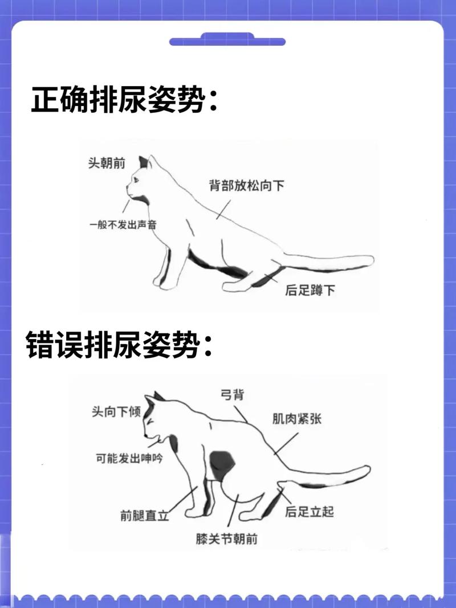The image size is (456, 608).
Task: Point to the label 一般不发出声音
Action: [123, 225]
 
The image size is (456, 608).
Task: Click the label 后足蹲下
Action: [310, 291]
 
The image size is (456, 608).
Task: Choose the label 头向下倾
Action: [116, 411]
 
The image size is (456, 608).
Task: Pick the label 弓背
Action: [232, 394]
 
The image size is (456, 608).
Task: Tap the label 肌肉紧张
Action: [296, 419]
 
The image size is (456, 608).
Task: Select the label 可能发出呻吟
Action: [128, 458]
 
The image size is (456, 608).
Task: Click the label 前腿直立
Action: [144, 515]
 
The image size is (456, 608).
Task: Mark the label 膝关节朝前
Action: [226, 538]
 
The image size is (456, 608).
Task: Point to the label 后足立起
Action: [309, 511]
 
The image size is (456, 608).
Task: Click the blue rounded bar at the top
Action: [227, 42]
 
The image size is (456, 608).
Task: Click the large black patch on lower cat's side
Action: [222, 464]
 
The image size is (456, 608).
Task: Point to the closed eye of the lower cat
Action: [149, 421]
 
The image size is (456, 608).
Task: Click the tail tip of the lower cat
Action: [366, 471]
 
